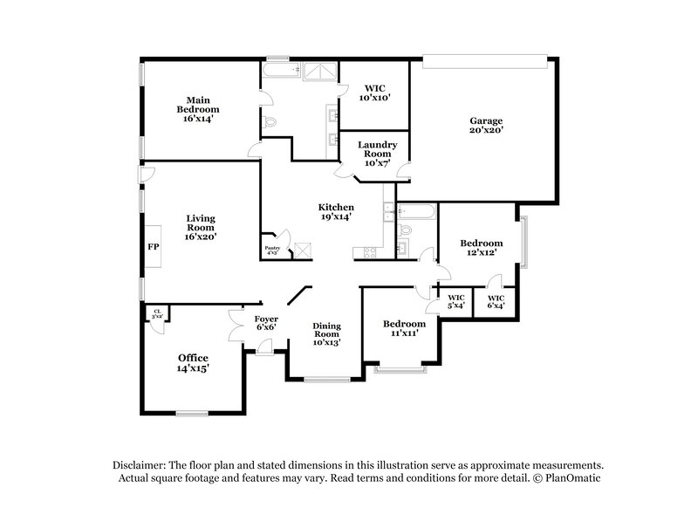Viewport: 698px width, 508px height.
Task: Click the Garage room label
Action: (486, 126)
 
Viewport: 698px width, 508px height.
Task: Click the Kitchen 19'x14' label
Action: (335, 212)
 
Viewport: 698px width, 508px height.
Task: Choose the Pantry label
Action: (273, 251)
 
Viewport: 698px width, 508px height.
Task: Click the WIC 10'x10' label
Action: (373, 93)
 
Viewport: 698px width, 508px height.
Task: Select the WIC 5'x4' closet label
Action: (455, 301)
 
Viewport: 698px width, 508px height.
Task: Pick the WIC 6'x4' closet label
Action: (495, 301)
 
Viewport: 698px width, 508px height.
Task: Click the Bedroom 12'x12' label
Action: (482, 248)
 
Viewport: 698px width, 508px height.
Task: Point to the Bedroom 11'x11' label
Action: (405, 328)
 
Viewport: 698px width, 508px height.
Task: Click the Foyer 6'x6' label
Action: (266, 324)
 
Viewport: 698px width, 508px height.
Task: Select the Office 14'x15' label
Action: (193, 363)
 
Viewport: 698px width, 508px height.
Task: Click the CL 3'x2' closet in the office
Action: (158, 313)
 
